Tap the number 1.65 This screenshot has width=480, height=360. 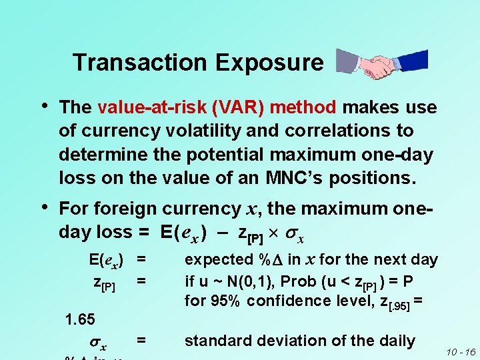(79, 319)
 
